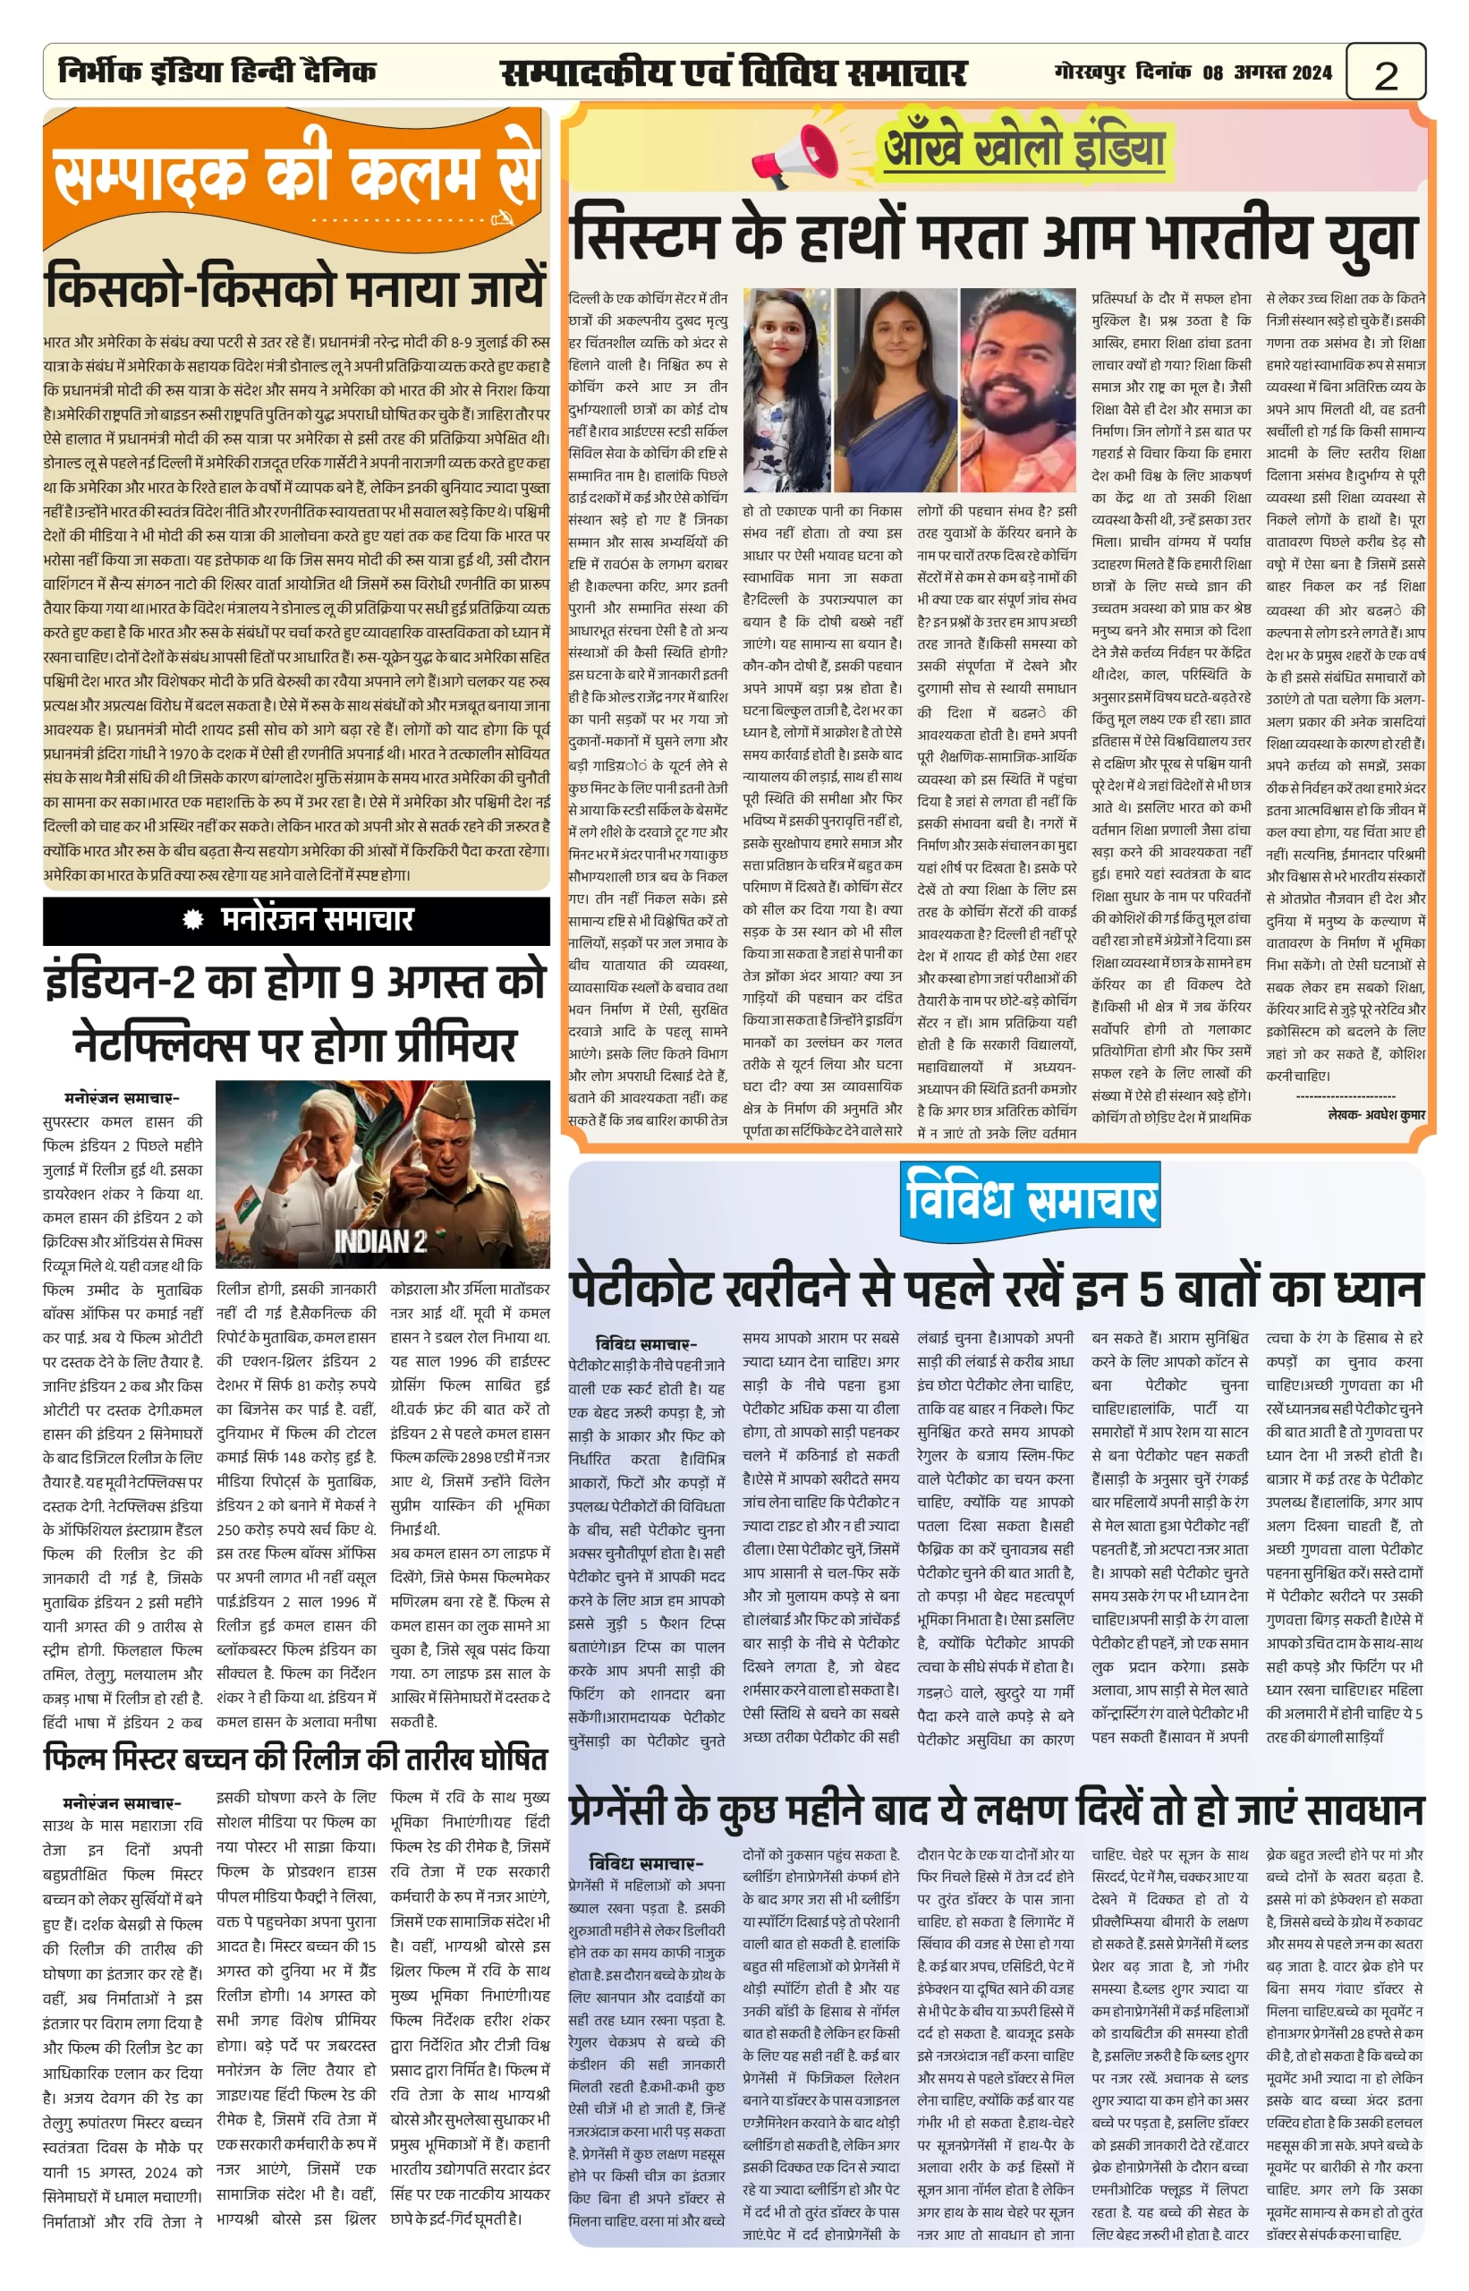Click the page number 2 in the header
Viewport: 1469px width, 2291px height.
(1386, 74)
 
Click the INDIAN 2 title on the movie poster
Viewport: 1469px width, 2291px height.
(379, 1240)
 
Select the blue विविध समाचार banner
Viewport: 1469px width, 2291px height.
(1031, 1198)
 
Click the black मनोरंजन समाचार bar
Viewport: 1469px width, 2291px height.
(297, 920)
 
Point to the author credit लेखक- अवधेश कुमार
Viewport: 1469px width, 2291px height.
(1376, 1113)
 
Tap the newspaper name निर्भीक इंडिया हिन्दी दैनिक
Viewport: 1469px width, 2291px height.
(217, 72)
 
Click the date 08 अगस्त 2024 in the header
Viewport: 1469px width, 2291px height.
(1266, 72)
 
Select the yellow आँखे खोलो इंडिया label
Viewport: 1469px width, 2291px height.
(1023, 149)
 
